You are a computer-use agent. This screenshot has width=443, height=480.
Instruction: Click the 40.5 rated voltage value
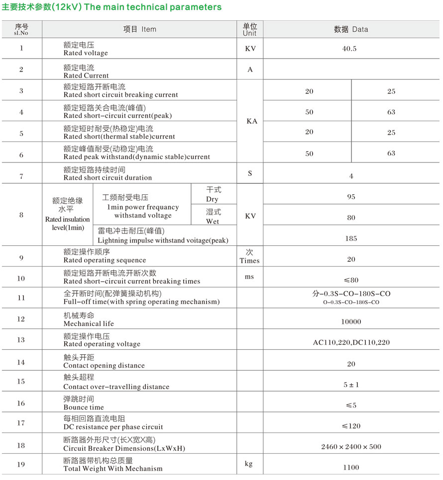[351, 49]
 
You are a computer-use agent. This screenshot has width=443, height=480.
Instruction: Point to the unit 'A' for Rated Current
[250, 70]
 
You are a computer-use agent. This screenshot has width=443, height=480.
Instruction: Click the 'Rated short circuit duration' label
[108, 177]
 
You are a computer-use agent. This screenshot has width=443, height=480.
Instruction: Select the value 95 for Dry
[351, 197]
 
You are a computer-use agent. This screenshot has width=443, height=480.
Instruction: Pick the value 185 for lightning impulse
[351, 239]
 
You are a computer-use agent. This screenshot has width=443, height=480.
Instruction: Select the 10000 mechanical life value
[351, 322]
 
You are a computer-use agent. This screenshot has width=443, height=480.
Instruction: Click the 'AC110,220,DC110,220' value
[351, 342]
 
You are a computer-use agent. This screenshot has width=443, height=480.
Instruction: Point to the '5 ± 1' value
[351, 385]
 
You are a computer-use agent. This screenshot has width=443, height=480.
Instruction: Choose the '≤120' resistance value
[351, 426]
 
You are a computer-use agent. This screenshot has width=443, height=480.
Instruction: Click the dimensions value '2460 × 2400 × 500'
[351, 447]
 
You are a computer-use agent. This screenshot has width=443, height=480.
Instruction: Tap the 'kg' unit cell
[249, 464]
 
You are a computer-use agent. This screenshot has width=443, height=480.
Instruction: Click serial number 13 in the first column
[21, 340]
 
